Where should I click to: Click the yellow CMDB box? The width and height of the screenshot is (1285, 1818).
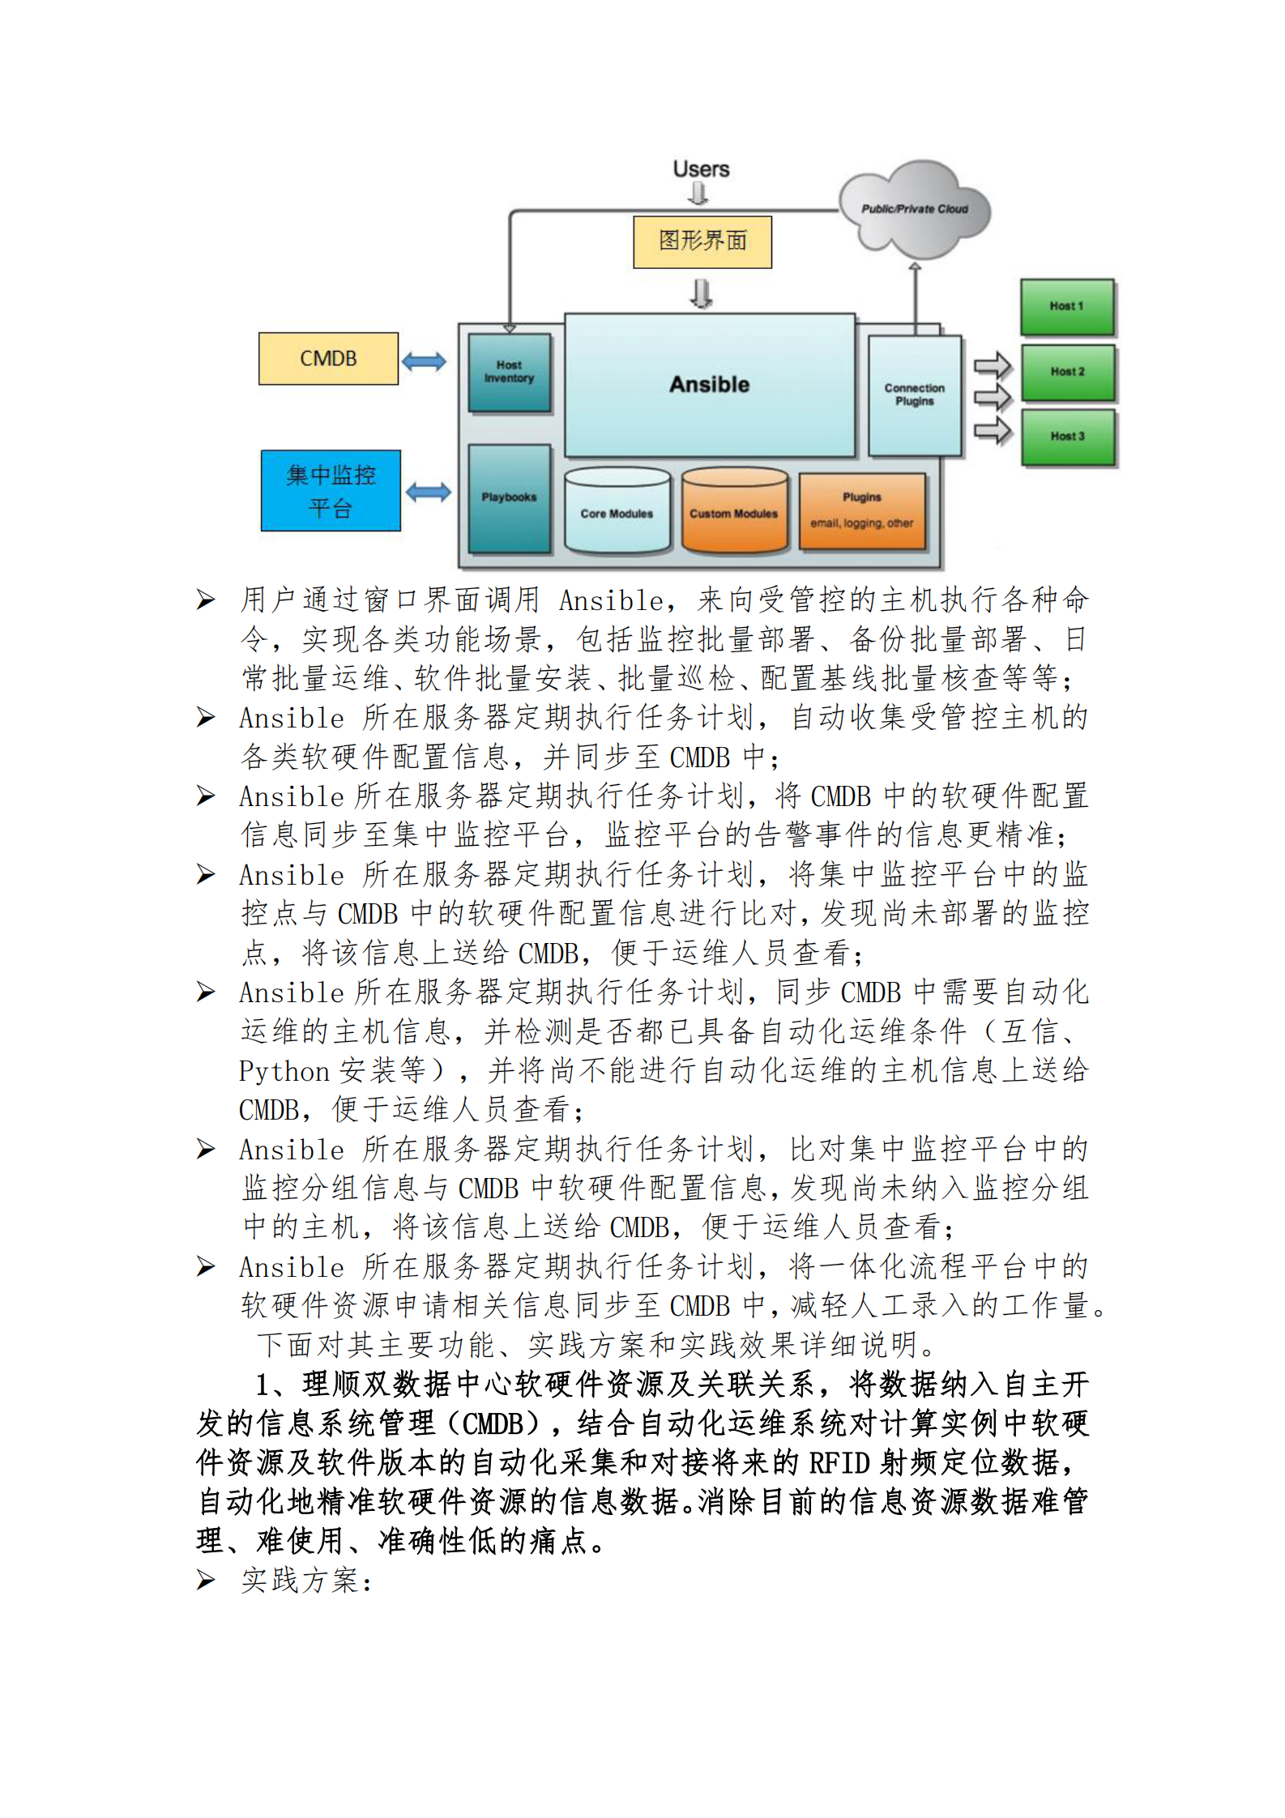pos(328,358)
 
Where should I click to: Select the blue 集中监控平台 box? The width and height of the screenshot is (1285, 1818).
pos(331,490)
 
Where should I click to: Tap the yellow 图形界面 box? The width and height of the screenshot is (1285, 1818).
pos(702,241)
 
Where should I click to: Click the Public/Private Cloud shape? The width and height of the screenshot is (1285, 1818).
pos(914,208)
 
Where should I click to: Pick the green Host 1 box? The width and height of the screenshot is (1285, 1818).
pos(1067,306)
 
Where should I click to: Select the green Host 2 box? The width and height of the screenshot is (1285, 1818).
pos(1067,372)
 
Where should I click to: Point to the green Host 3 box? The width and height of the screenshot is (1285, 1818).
pos(1067,437)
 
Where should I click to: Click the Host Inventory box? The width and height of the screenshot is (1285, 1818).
pos(509,372)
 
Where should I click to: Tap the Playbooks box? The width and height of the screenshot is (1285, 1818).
pos(509,497)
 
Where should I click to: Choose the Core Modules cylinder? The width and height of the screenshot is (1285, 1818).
pos(617,512)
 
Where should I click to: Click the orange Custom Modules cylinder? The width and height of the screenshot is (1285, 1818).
pos(734,512)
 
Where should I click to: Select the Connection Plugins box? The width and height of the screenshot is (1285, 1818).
pos(914,395)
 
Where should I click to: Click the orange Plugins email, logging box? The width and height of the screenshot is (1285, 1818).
pos(861,511)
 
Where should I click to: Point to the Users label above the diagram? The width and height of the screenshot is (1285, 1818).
pos(701,169)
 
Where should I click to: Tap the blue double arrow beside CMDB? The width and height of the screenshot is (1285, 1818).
pos(424,361)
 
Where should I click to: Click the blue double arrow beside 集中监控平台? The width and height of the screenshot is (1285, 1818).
pos(428,492)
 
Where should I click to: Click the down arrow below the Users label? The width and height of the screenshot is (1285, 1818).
pos(698,194)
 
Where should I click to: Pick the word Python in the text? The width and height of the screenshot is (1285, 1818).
pos(284,1071)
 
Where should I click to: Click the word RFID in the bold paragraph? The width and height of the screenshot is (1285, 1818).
pos(839,1463)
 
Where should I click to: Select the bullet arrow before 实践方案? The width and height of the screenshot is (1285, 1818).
pos(206,1581)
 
